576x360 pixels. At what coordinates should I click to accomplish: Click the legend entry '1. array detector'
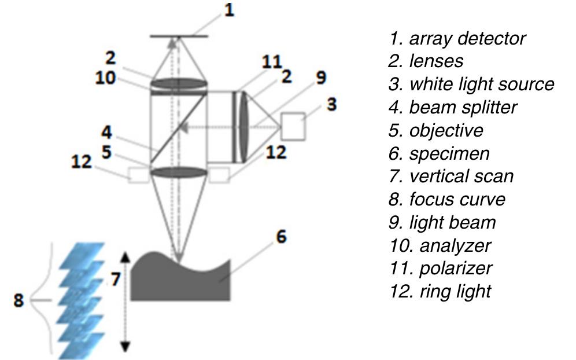pyautogui.click(x=457, y=39)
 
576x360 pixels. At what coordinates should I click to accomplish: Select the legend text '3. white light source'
pyautogui.click(x=471, y=85)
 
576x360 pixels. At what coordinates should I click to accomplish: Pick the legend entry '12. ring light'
pyautogui.click(x=440, y=291)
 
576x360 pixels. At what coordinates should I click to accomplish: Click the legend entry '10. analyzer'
pyautogui.click(x=440, y=245)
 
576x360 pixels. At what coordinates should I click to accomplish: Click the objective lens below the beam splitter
pyautogui.click(x=179, y=172)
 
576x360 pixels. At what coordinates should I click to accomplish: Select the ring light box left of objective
pyautogui.click(x=139, y=175)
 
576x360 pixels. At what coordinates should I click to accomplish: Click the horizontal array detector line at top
pyautogui.click(x=179, y=36)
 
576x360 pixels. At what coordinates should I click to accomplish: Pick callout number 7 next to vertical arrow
pyautogui.click(x=116, y=279)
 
